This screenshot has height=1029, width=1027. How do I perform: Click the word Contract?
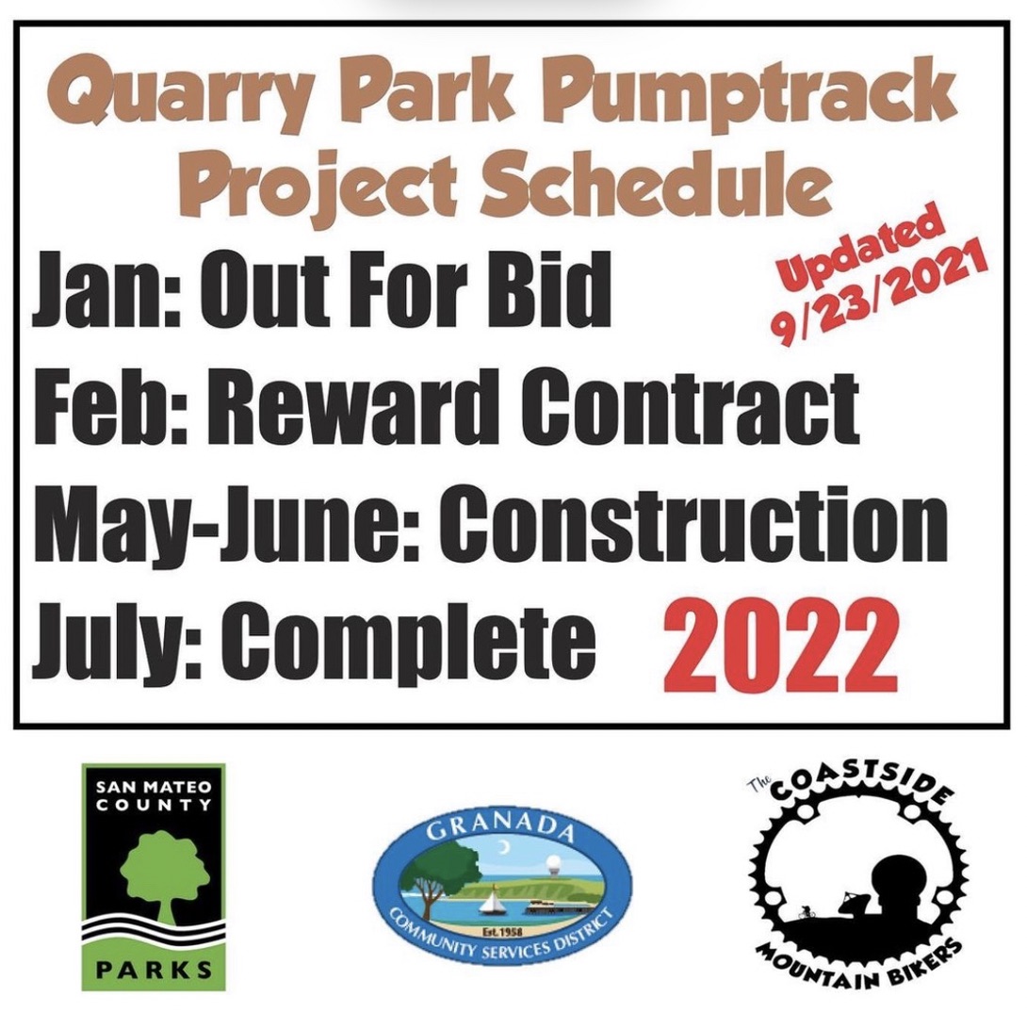690,407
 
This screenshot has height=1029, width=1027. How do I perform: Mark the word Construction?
693,524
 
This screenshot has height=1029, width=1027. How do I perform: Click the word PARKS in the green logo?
154,970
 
